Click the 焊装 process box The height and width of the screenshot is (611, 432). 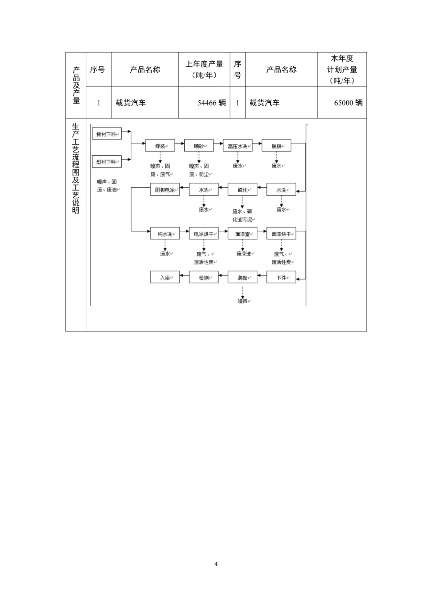tap(160, 146)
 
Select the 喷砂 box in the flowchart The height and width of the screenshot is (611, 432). tap(199, 146)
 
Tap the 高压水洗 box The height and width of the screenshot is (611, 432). tap(237, 146)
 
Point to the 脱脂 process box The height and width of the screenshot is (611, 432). tap(276, 146)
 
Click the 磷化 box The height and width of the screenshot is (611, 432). tap(242, 189)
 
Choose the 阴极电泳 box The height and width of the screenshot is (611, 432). tap(165, 189)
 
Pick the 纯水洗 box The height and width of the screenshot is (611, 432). tap(165, 233)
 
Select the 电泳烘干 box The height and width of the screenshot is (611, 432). tap(204, 233)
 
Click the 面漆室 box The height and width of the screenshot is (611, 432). tap(242, 233)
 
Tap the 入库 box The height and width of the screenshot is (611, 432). tap(165, 277)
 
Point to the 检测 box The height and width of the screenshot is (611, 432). tap(204, 277)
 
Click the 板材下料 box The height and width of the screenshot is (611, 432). tap(107, 134)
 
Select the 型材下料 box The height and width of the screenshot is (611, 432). tap(107, 161)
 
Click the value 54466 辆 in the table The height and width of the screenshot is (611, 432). tap(212, 103)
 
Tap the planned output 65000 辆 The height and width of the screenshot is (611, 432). tap(348, 103)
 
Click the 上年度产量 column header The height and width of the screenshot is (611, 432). tap(204, 64)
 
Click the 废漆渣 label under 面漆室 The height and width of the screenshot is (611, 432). tap(244, 254)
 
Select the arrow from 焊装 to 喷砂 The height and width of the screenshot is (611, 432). tap(179, 143)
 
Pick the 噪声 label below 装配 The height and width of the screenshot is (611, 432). tap(242, 301)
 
